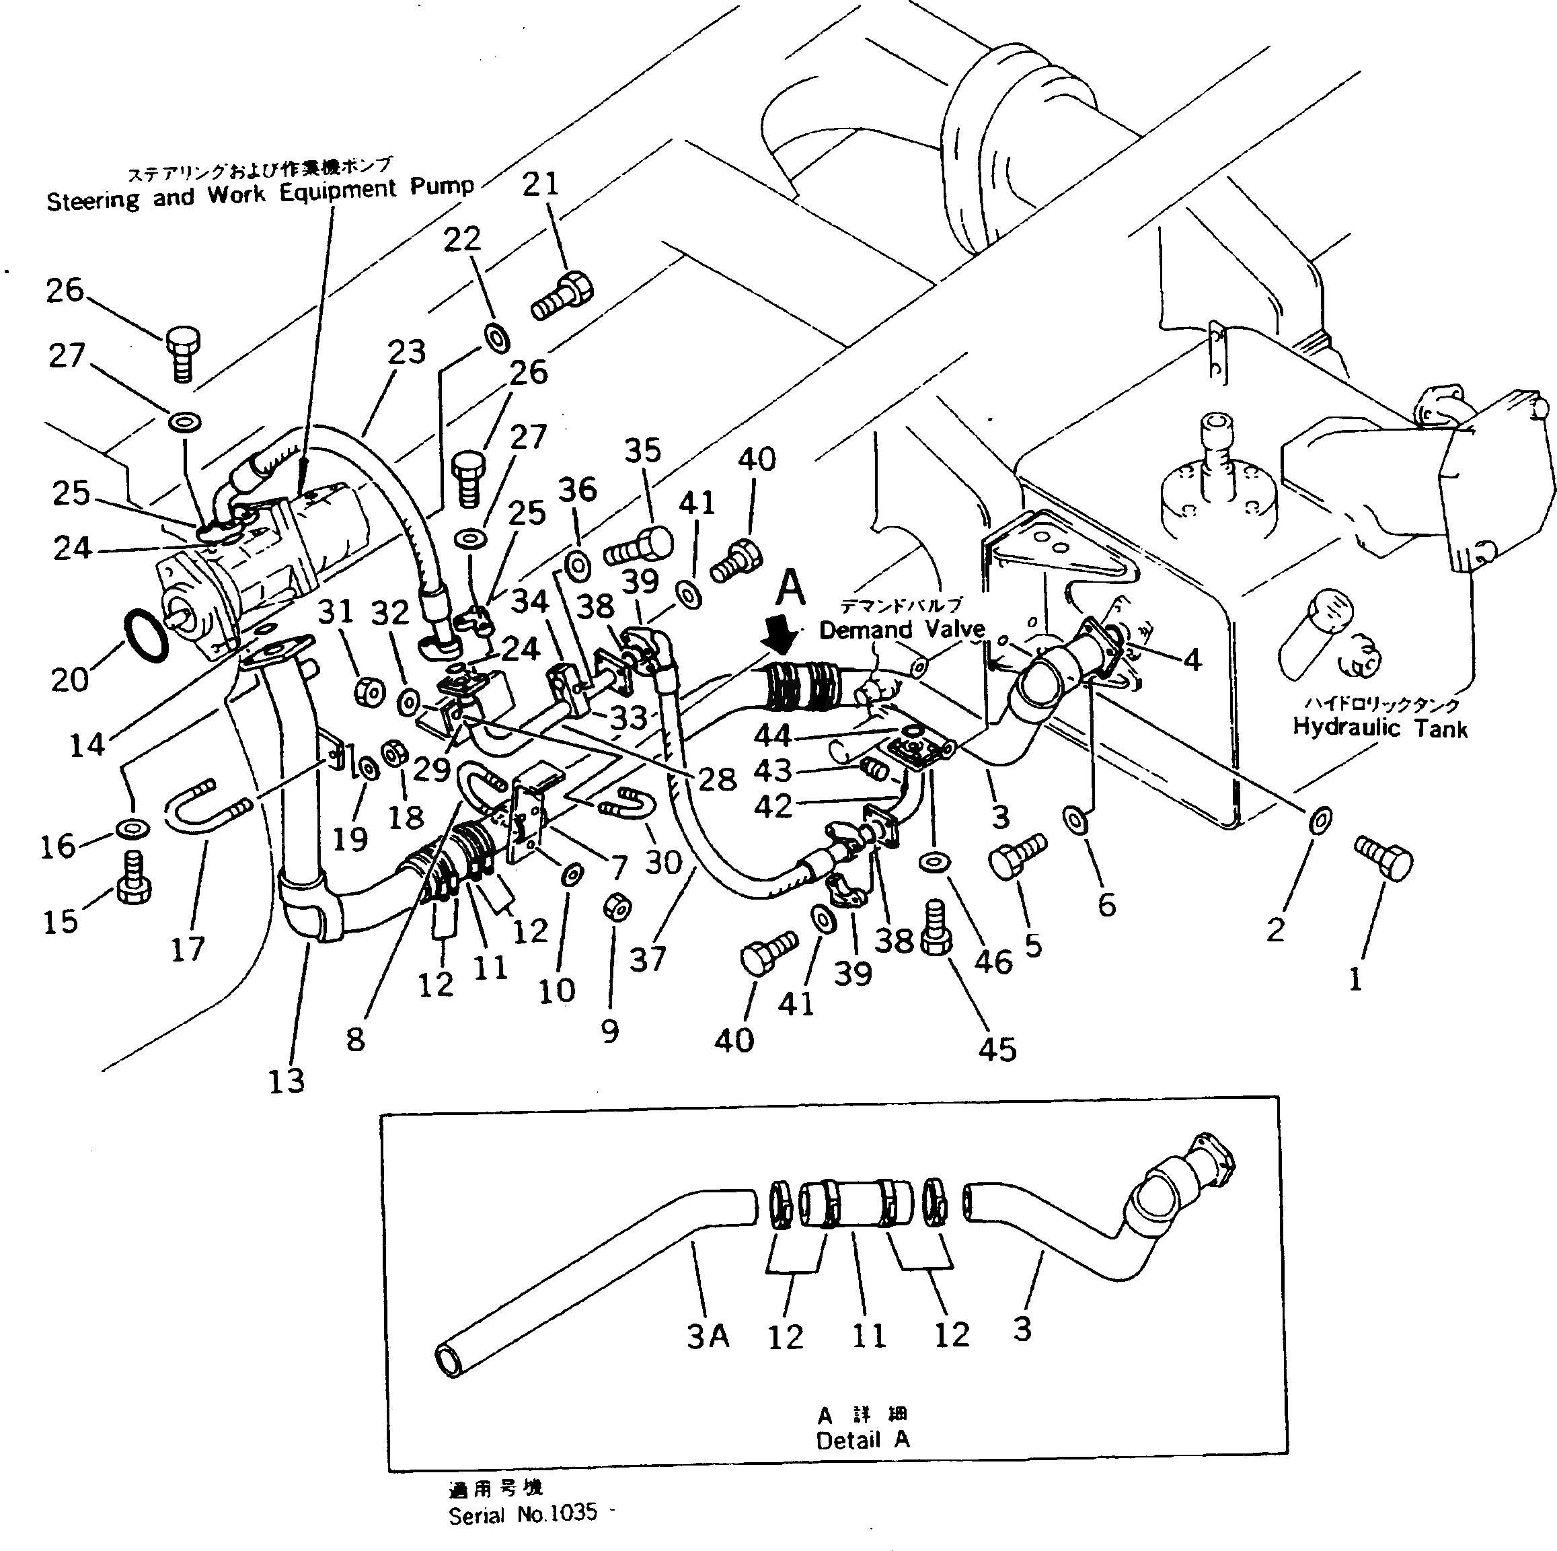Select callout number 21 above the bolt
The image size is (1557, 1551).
tap(540, 184)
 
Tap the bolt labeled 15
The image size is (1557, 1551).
tap(134, 883)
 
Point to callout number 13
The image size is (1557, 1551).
tap(286, 1080)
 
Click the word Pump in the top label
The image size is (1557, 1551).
tap(442, 186)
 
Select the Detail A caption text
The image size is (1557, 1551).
tap(862, 1440)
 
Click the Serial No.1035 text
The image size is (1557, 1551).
tap(522, 1513)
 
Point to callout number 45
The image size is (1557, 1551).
tap(997, 1049)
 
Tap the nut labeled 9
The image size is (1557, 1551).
tap(617, 907)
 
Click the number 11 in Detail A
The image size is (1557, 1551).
tap(869, 1336)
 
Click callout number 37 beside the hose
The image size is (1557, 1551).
tap(647, 960)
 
